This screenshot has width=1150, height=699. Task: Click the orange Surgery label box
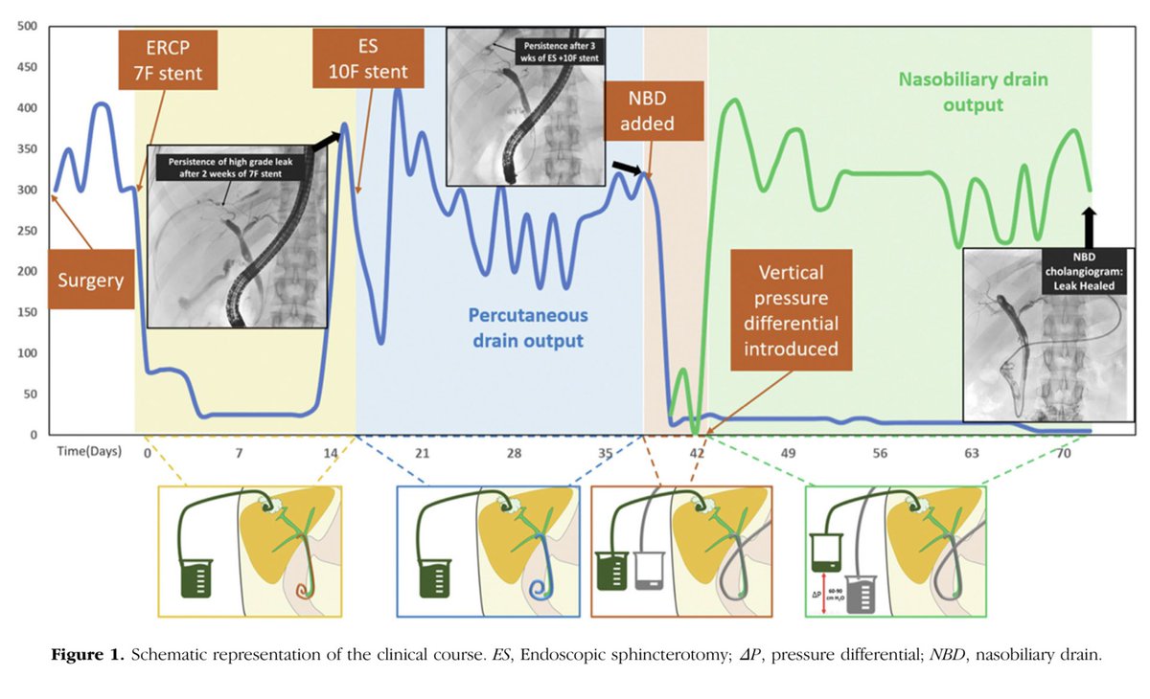tap(91, 280)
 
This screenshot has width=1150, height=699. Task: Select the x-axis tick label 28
tap(515, 452)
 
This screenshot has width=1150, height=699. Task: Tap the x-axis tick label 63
tap(972, 452)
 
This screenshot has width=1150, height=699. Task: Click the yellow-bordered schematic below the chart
tap(249, 551)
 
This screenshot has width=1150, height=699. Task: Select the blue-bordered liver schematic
tap(489, 551)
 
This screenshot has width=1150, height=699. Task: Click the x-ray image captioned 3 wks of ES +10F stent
tap(525, 105)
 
